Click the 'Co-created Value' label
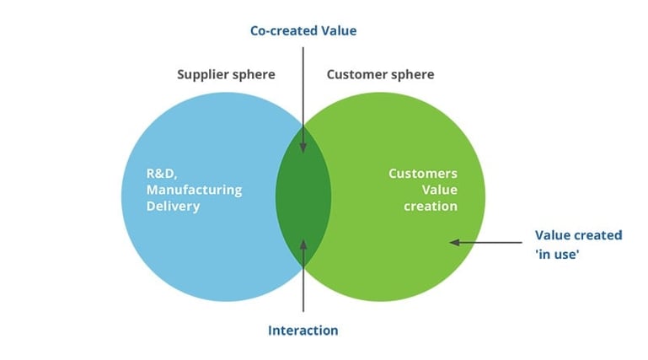click(303, 30)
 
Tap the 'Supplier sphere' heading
click(226, 74)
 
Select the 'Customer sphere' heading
click(380, 74)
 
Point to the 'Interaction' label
click(303, 330)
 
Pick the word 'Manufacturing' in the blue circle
click(194, 190)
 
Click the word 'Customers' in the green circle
click(423, 174)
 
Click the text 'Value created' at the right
click(579, 235)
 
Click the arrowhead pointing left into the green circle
click(454, 242)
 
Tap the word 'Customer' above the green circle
click(357, 74)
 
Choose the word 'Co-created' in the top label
click(283, 30)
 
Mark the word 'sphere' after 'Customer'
click(413, 74)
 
